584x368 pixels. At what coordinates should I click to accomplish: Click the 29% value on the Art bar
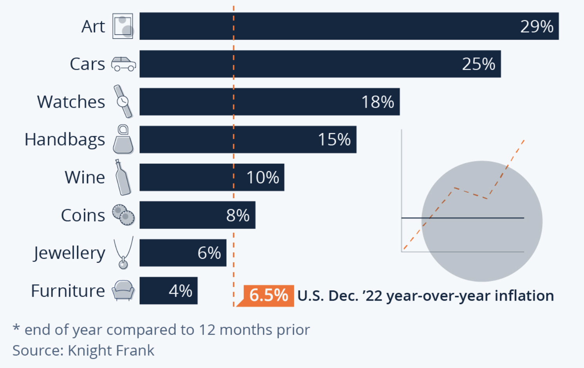(x=537, y=26)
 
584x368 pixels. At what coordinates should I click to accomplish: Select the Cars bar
(x=320, y=64)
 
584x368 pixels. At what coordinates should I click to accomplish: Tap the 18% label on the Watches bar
(x=377, y=102)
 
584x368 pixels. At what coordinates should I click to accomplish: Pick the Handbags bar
(x=248, y=139)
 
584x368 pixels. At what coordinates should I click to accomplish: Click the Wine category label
(x=85, y=177)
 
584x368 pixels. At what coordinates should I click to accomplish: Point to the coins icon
(x=123, y=215)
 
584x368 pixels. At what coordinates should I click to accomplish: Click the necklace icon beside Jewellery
(x=123, y=253)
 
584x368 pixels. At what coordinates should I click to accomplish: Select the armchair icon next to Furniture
(x=123, y=290)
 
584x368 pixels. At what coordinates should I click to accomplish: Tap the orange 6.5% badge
(x=269, y=296)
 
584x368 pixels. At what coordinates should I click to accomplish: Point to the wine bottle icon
(x=123, y=177)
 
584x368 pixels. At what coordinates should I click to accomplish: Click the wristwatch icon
(x=123, y=101)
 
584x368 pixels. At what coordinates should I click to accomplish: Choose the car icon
(x=124, y=64)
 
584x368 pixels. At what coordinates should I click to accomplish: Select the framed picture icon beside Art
(x=123, y=26)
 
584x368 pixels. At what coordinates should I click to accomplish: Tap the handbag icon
(x=123, y=139)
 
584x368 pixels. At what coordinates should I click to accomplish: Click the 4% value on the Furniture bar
(x=180, y=291)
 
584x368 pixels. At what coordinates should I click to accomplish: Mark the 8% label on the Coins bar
(x=238, y=215)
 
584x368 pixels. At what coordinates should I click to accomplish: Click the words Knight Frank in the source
(x=111, y=350)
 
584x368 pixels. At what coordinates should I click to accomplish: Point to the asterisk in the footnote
(x=16, y=327)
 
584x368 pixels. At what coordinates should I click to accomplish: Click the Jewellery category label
(x=69, y=253)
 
